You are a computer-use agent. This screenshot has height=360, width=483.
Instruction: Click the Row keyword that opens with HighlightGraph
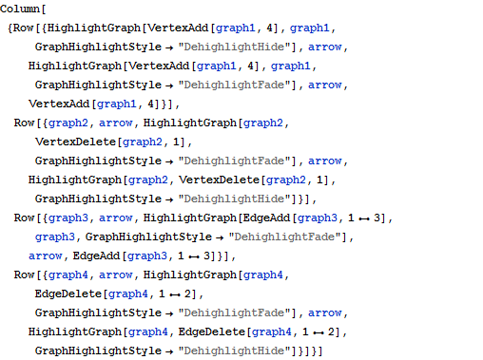[19, 28]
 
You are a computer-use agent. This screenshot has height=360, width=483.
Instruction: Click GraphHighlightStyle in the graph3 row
[140, 237]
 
